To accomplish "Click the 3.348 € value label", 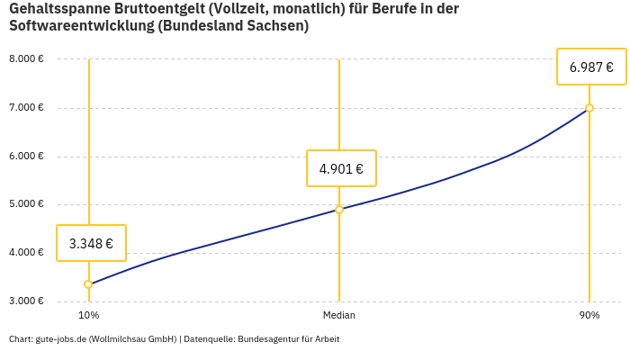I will click(91, 243).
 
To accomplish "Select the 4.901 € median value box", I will click(341, 168).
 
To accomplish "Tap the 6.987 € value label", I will click(591, 67).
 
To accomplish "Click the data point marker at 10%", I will click(88, 284).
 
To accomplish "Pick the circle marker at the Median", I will click(339, 210).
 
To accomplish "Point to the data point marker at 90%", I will click(589, 108).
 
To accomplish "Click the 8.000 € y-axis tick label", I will click(26, 59).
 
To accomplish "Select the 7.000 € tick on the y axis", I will click(26, 108).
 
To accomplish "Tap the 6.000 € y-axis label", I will click(26, 157).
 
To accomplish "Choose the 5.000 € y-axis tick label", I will click(26, 204).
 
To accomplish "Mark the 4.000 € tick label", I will click(26, 253).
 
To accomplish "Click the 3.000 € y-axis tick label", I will click(26, 301).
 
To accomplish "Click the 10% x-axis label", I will click(88, 316).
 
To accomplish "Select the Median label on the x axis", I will click(339, 316).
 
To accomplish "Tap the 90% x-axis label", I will click(589, 316).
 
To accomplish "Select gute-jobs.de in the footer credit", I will click(60, 339).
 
